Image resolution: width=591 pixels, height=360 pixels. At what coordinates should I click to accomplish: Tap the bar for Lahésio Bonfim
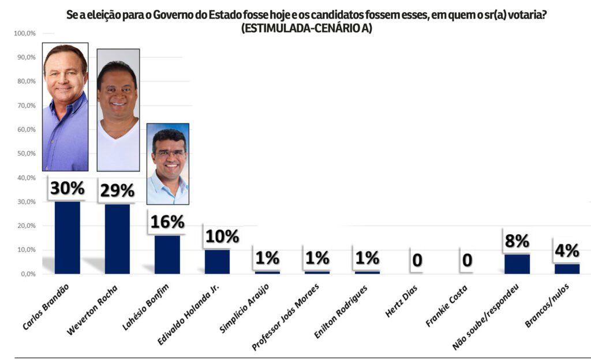point(167,254)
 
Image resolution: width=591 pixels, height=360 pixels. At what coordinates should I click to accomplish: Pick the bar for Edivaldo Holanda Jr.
point(217,261)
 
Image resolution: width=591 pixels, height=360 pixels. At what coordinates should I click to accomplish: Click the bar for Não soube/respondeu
point(517,264)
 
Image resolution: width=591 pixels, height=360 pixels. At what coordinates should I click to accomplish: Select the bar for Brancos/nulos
point(566,268)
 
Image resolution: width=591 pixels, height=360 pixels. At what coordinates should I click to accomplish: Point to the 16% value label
point(167,222)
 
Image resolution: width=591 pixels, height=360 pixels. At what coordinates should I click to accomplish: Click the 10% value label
point(222,236)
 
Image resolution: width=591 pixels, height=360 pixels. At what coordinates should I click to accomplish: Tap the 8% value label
point(517,241)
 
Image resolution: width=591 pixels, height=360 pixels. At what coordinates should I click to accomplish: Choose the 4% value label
point(567,251)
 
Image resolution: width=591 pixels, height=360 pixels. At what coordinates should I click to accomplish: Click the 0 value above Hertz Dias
point(417,260)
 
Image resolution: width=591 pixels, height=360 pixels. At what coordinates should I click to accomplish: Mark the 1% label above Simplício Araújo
point(267,258)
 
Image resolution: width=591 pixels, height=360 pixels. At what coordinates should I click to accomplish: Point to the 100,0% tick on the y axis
point(25,34)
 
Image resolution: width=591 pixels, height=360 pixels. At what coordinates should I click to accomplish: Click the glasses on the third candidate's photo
point(169,154)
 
